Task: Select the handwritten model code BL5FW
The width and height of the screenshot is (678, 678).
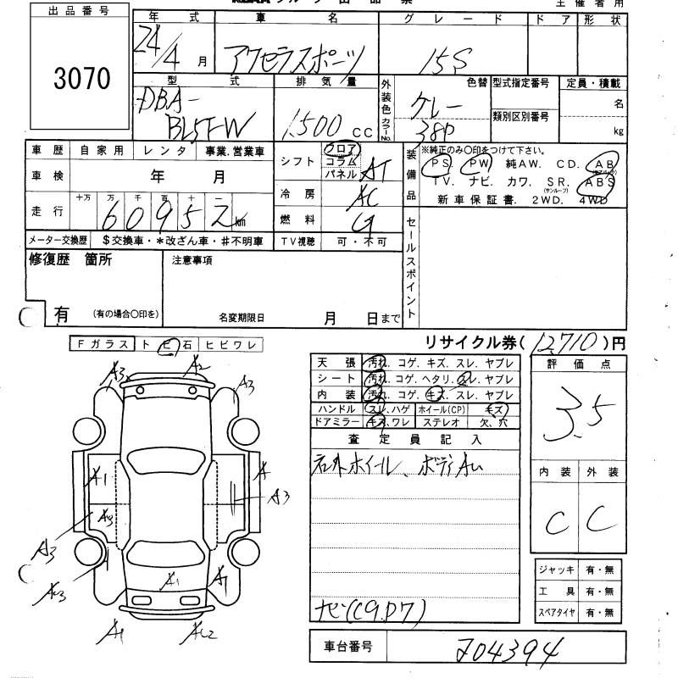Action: (x=203, y=127)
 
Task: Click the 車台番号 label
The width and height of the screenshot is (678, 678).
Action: (x=343, y=647)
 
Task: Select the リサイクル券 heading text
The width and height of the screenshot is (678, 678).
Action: (x=465, y=343)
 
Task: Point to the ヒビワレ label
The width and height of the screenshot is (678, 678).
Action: (x=242, y=344)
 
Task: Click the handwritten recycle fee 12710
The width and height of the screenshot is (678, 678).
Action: (x=564, y=343)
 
